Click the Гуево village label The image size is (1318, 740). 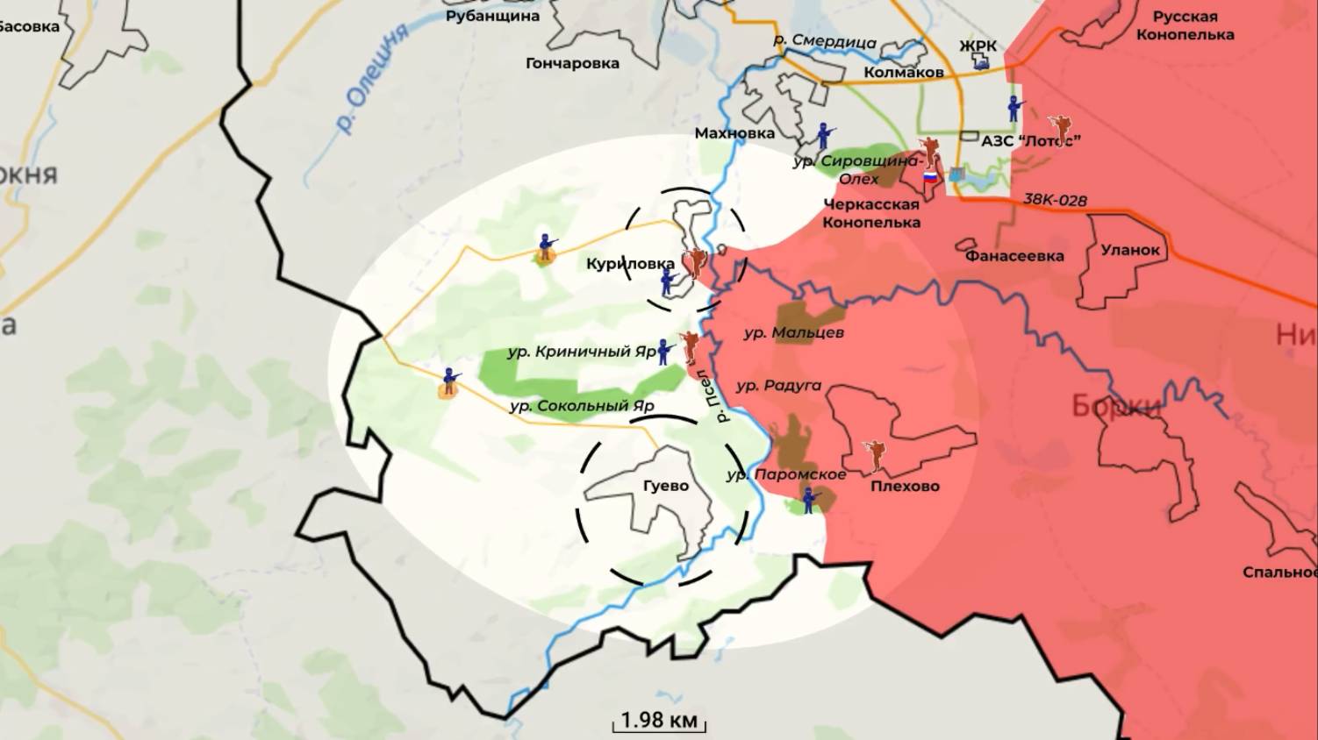pyautogui.click(x=666, y=486)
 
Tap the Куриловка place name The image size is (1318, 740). pyautogui.click(x=630, y=263)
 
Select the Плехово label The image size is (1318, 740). pyautogui.click(x=905, y=486)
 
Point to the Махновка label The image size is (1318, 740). pyautogui.click(x=734, y=133)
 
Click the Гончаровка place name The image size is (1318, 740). pyautogui.click(x=572, y=63)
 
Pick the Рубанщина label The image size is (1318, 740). pyautogui.click(x=492, y=16)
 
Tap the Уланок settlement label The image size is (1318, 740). pyautogui.click(x=1130, y=250)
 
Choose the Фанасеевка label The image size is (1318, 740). pyautogui.click(x=1014, y=256)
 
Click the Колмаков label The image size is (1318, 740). pyautogui.click(x=904, y=72)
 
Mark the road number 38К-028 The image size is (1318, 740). pyautogui.click(x=1056, y=200)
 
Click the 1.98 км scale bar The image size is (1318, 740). pyautogui.click(x=659, y=722)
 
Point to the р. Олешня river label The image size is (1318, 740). pyautogui.click(x=373, y=79)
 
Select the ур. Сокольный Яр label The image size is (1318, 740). pyautogui.click(x=582, y=406)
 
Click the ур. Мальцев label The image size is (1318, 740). pyautogui.click(x=793, y=333)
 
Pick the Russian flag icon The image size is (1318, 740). pyautogui.click(x=928, y=177)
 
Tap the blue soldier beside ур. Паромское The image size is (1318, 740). pyautogui.click(x=809, y=500)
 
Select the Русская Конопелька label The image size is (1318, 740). pyautogui.click(x=1185, y=26)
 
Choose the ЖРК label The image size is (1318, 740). pyautogui.click(x=978, y=46)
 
